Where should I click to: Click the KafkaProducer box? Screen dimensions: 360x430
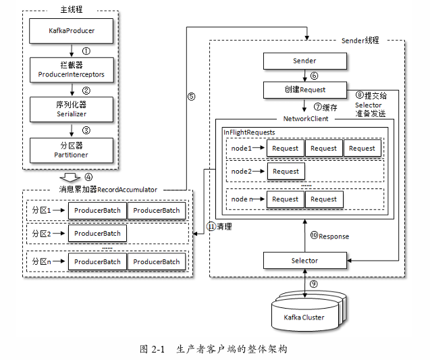coord(72,31)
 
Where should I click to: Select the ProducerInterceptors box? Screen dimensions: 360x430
coord(72,70)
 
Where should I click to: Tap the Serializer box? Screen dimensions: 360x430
coord(72,109)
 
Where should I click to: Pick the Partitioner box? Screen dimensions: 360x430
coord(72,150)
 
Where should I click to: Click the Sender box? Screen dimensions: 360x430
coord(304,61)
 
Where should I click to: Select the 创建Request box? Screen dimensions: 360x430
coord(304,90)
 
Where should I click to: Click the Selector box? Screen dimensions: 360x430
coord(304,260)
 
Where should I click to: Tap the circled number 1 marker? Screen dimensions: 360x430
coord(86,51)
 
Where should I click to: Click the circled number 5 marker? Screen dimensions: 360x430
coord(191,97)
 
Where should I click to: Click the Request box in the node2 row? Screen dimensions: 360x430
coord(286,172)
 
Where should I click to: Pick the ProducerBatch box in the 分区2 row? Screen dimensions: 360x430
coord(97,234)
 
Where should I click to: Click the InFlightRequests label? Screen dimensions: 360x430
coord(249,132)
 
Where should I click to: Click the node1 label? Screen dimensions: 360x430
coord(241,148)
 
